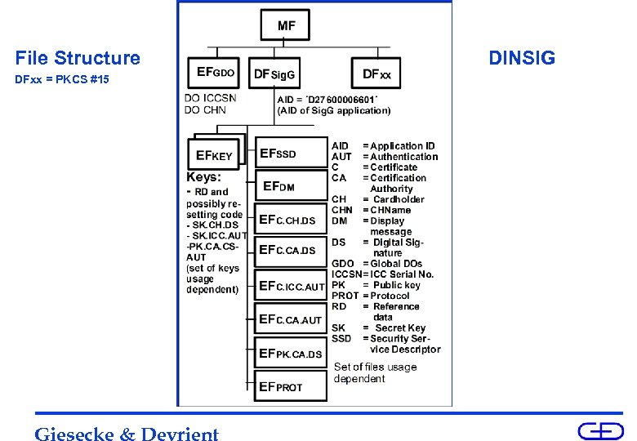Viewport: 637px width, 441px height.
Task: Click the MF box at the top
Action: tap(287, 25)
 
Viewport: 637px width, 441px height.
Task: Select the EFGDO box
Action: tap(216, 73)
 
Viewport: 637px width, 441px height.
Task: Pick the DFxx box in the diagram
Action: tap(376, 74)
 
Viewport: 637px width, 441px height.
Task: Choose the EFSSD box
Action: tap(290, 154)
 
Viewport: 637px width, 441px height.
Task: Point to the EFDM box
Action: tap(290, 186)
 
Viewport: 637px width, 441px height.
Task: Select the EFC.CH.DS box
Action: tap(290, 220)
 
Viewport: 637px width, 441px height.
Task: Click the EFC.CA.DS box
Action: tap(290, 250)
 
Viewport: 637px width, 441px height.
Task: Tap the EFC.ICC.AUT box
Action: tap(291, 287)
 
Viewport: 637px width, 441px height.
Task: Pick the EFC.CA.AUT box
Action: tap(291, 319)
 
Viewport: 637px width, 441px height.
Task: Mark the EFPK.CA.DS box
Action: tap(291, 354)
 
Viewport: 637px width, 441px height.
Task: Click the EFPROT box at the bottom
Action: tap(291, 386)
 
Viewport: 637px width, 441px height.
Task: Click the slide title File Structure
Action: tap(78, 58)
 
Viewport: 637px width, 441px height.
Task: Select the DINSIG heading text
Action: tap(521, 58)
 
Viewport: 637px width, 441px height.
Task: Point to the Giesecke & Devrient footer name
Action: tap(127, 434)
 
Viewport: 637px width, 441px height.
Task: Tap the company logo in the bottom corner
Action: tap(600, 431)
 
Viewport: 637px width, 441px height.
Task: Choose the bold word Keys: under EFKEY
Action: tap(204, 176)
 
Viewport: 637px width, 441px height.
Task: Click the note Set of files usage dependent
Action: tap(375, 372)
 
